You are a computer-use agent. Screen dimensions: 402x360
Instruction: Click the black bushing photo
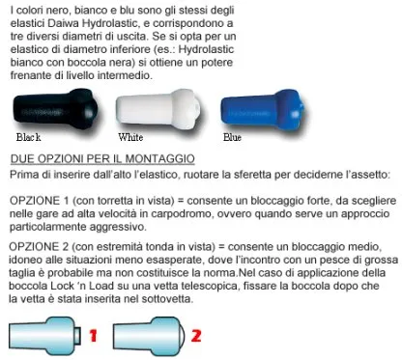(55, 109)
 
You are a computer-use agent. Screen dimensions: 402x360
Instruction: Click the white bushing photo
(158, 109)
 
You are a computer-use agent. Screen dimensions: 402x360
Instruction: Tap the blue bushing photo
(263, 109)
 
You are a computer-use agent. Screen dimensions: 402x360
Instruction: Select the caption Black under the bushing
(28, 137)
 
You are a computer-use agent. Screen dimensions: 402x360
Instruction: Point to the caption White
(130, 137)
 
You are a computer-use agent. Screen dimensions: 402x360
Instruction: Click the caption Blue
(232, 137)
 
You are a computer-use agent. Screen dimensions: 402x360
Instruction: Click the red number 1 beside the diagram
(93, 336)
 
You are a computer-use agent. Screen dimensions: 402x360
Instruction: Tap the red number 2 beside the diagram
(196, 336)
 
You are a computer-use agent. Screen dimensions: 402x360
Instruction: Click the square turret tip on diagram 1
(77, 336)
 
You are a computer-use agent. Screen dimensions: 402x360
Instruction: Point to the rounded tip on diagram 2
(183, 336)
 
